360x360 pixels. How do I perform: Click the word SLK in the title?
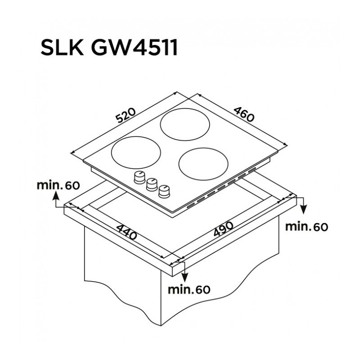tap(62, 48)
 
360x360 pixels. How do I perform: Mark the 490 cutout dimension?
tap(223, 230)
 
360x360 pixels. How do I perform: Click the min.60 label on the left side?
tap(58, 185)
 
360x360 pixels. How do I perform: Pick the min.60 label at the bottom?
tap(189, 289)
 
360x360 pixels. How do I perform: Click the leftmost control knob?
tap(139, 177)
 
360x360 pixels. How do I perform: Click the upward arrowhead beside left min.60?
tap(55, 195)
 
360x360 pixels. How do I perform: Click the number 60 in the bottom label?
tap(203, 289)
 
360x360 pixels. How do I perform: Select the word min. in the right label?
tap(298, 227)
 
